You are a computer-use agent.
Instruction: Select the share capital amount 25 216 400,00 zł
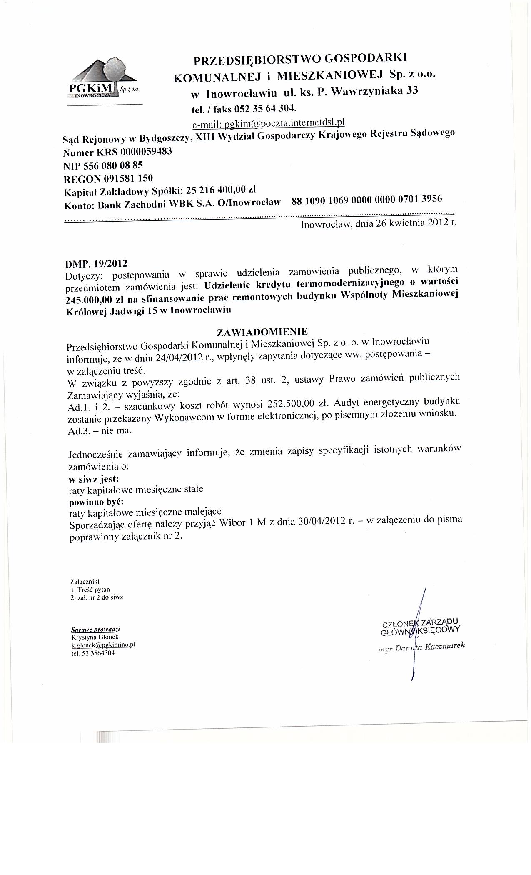point(221,190)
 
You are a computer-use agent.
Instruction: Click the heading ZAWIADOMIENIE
point(262,332)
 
